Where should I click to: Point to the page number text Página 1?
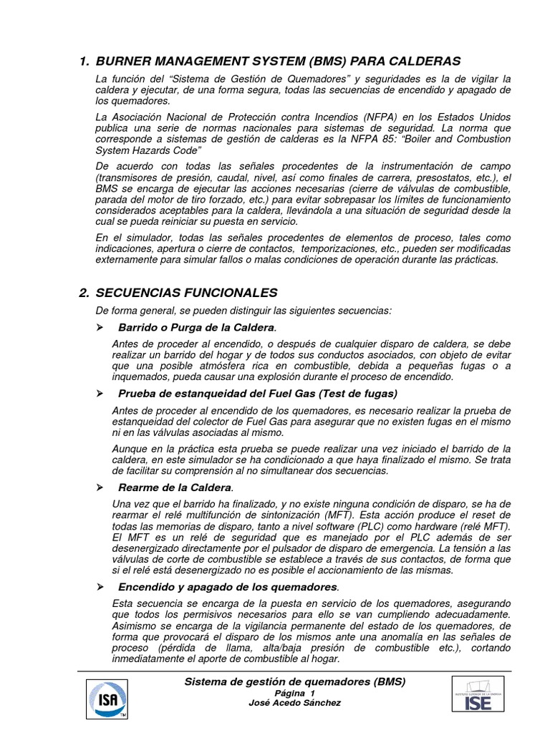coord(295,694)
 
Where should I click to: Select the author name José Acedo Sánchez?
coord(295,703)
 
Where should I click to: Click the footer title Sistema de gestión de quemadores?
coord(295,681)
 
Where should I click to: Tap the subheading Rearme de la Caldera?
coord(175,487)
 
